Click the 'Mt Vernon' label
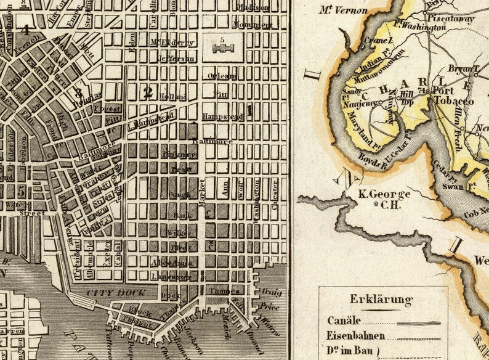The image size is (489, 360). coord(344,10)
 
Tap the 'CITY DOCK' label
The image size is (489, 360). coord(105,292)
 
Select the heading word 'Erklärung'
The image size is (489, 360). coord(381,300)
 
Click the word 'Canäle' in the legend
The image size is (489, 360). coord(343,321)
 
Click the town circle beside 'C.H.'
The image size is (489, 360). coord(377,205)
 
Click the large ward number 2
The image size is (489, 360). coord(147,93)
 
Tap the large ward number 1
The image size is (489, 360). coord(250,111)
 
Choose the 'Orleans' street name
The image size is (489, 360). coord(222,76)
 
